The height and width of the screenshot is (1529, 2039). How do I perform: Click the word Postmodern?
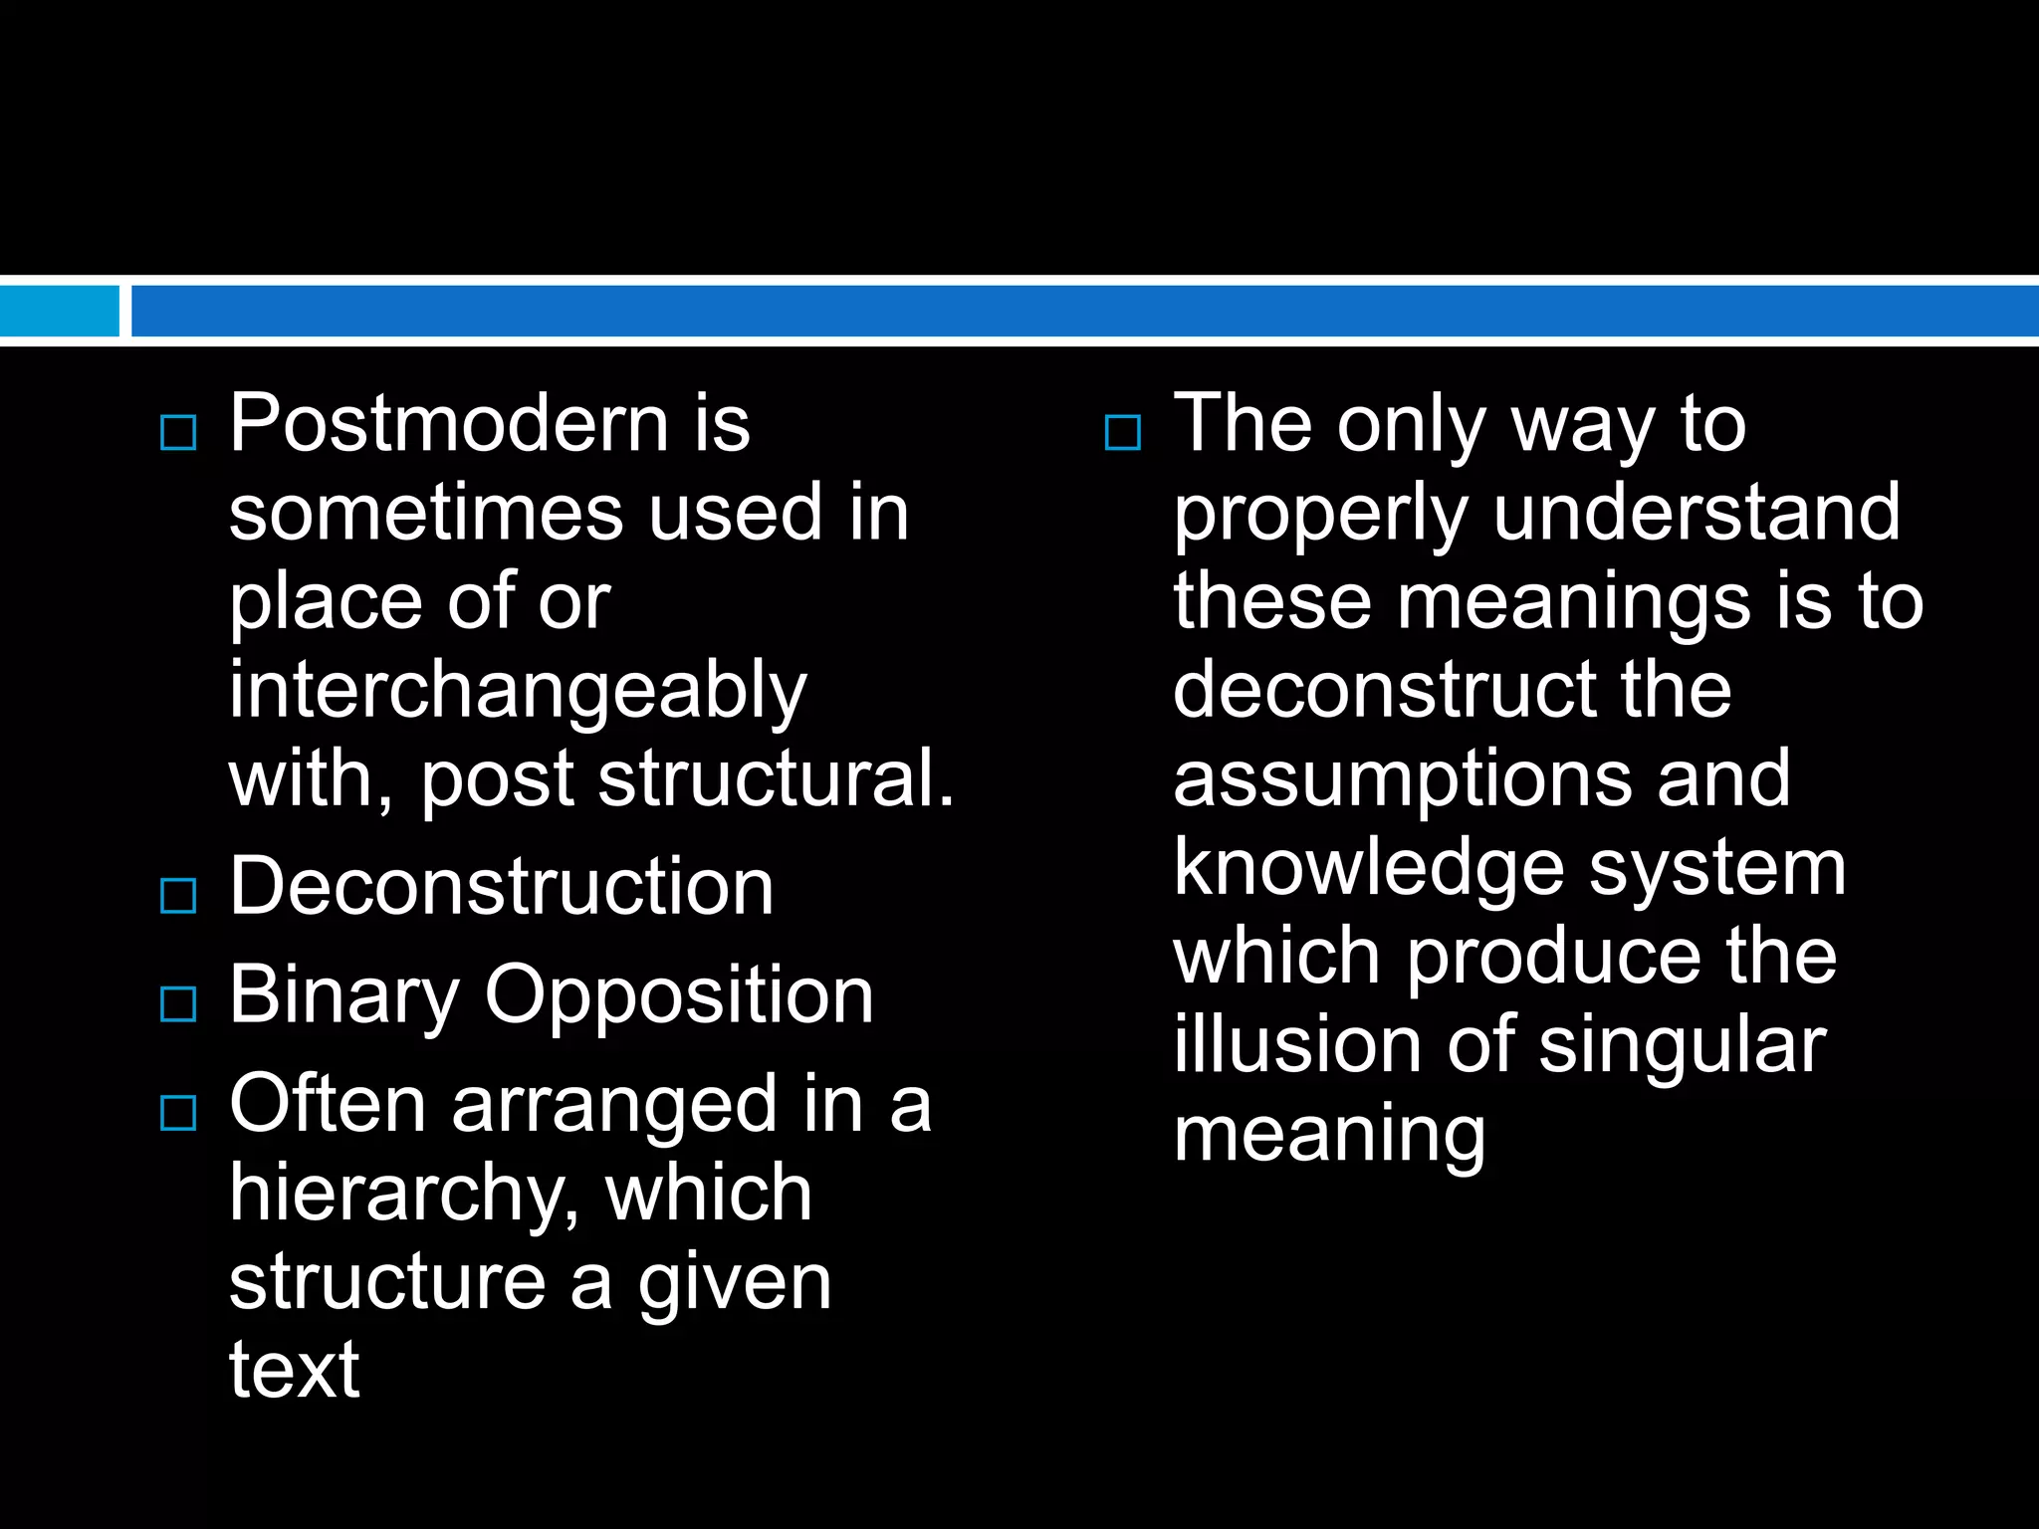tap(448, 424)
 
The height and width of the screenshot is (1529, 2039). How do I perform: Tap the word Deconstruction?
tap(501, 887)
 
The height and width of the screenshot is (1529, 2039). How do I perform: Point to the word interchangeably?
tap(518, 691)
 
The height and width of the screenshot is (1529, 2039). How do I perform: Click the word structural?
tap(776, 778)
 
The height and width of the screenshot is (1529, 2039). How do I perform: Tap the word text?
tap(294, 1370)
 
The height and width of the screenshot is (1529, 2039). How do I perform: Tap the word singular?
tap(1682, 1047)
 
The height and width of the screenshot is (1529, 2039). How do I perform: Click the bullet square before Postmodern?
tap(178, 433)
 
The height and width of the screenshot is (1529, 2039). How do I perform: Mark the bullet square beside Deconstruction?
tap(178, 896)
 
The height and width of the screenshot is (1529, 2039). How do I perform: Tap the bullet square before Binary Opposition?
tap(178, 1004)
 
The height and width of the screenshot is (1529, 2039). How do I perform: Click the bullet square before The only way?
tap(1123, 433)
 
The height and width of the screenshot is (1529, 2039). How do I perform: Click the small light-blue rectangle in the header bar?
tap(59, 311)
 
